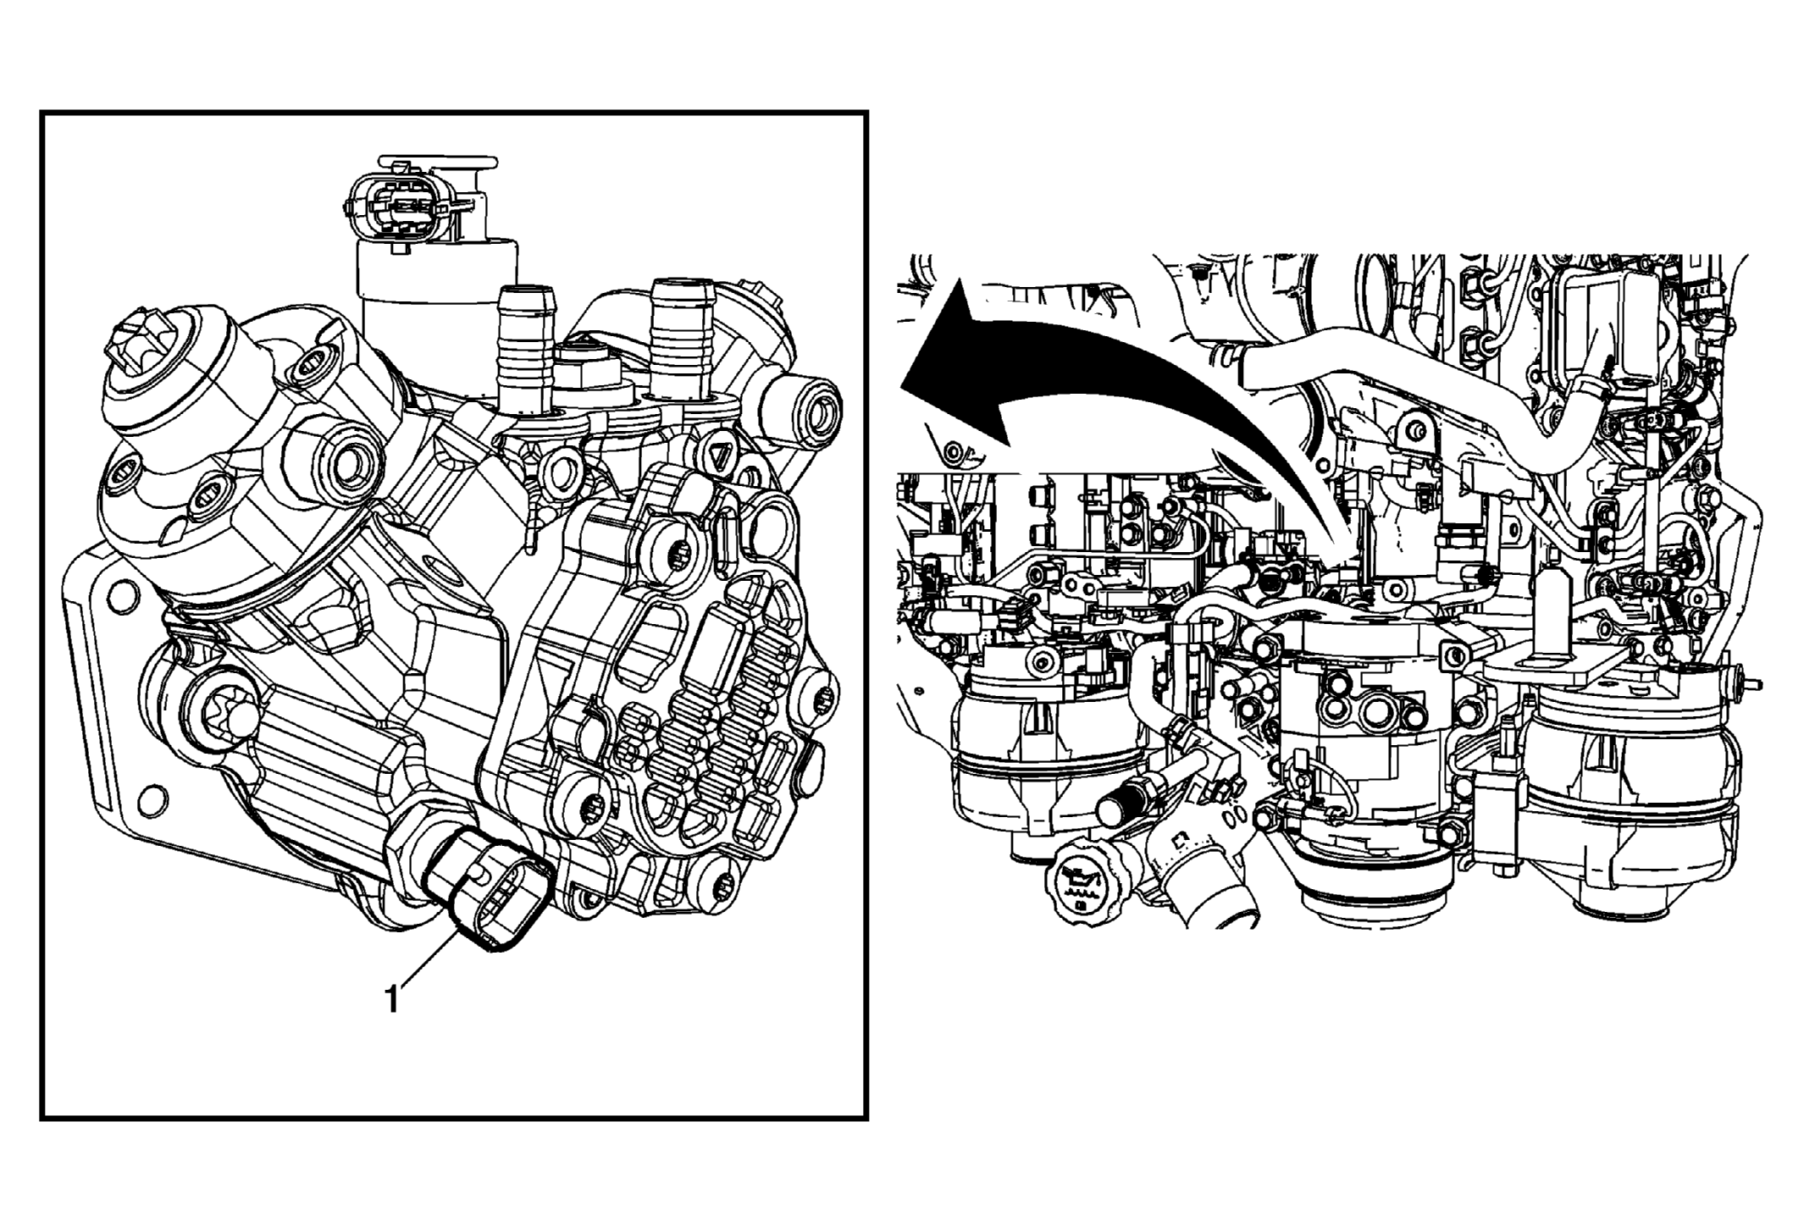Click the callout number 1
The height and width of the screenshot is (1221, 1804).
[391, 1000]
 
